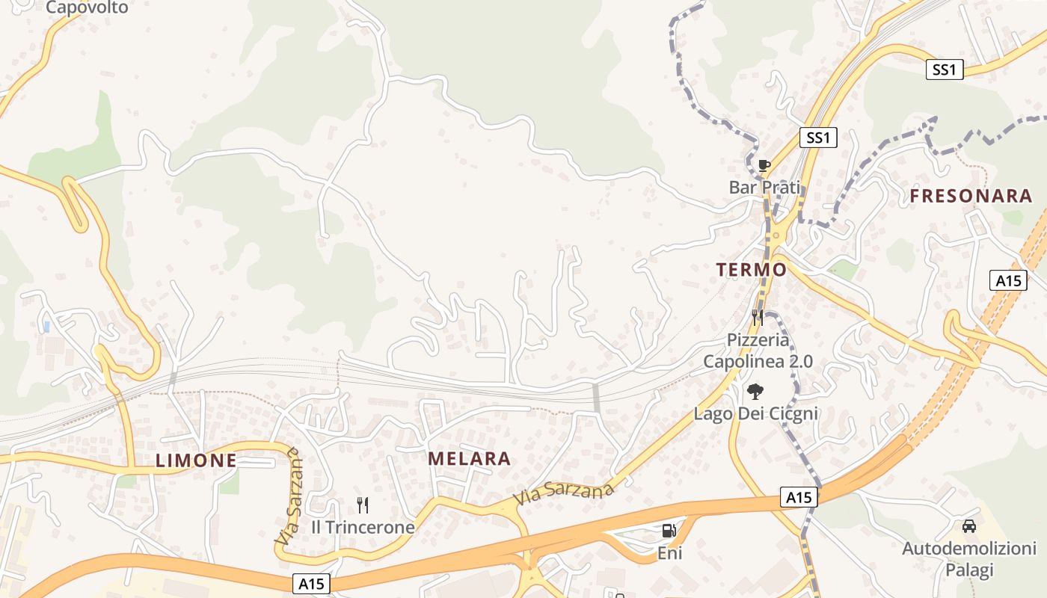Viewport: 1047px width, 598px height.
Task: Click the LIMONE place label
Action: (x=196, y=460)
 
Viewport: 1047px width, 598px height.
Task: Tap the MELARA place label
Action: (x=470, y=459)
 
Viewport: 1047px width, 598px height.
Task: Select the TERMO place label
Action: (x=752, y=270)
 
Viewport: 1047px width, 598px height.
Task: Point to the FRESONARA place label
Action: (x=971, y=197)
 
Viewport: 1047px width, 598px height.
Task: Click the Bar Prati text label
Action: (x=764, y=187)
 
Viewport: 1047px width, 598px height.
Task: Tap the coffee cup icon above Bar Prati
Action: (x=764, y=165)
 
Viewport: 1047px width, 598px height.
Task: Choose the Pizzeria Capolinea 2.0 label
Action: (x=758, y=351)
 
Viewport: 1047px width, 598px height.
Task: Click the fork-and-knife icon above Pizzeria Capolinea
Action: (x=758, y=318)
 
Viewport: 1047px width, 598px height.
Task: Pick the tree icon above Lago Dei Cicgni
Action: (x=755, y=391)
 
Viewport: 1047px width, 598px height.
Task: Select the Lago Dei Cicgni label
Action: (x=756, y=413)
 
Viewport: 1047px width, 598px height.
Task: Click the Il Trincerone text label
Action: (x=363, y=527)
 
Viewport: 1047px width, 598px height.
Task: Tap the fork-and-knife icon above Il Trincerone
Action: (x=363, y=505)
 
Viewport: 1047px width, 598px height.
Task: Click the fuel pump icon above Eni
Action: (x=669, y=531)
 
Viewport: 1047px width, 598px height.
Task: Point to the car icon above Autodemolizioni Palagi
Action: (x=969, y=526)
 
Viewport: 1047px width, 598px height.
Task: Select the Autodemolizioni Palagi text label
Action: (x=969, y=559)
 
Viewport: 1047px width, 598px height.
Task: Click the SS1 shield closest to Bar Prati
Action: (x=818, y=138)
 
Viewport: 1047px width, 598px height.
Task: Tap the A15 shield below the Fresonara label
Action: (x=1009, y=280)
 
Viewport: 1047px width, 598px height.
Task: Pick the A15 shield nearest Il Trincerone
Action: (x=310, y=583)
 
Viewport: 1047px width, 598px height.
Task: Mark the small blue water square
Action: (x=46, y=327)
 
